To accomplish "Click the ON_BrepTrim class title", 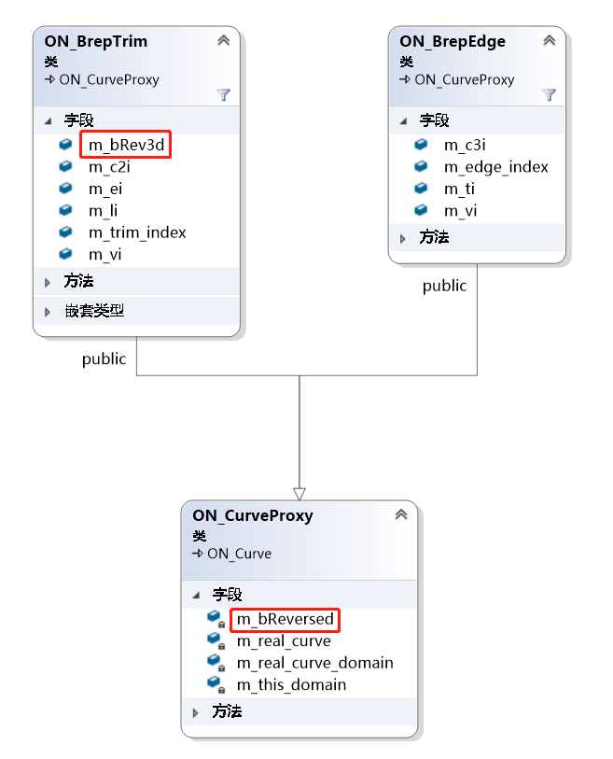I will coord(95,41).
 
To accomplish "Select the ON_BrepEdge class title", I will coord(453,41).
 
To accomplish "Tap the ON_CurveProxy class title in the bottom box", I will coord(252,515).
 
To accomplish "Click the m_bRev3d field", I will coord(126,146).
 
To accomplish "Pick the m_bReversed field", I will coord(285,619).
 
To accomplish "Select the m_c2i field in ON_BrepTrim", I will coord(109,166).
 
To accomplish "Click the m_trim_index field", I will coord(137,232).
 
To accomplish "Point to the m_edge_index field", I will coord(495,167).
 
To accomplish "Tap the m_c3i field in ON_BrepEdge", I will coord(465,145).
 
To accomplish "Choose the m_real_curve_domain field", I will coord(314,663).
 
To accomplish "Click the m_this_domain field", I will coord(291,684).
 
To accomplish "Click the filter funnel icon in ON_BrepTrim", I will coord(223,94).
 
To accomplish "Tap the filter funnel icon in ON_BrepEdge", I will coord(550,94).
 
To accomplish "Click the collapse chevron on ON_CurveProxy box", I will coord(401,514).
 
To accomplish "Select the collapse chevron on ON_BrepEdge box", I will coord(550,40).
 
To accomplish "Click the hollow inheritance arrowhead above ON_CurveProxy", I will coord(300,492).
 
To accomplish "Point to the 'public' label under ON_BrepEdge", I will coord(444,286).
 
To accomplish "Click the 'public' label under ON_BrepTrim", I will coord(104,358).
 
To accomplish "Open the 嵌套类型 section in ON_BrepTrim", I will coord(94,311).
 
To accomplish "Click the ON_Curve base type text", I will coord(239,554).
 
